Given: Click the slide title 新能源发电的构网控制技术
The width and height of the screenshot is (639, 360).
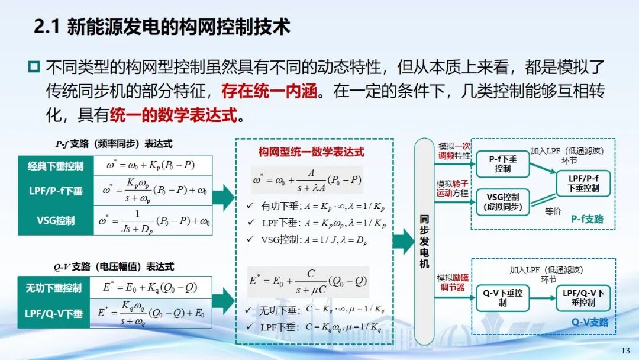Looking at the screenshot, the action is point(178,27).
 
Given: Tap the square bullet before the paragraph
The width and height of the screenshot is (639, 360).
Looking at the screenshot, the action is point(34,66).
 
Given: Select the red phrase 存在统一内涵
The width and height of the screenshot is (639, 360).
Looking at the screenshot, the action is point(269,91).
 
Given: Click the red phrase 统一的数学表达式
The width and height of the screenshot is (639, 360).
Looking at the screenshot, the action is point(173,115).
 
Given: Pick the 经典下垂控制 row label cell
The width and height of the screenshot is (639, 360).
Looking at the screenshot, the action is point(56,166).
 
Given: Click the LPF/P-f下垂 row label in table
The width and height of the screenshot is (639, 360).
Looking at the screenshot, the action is point(56,191).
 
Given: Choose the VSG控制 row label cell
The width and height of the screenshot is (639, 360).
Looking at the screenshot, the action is point(56,221).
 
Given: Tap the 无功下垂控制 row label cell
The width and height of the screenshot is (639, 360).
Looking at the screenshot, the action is point(54,288).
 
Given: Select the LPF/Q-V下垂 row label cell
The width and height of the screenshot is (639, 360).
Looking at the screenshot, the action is point(54,314).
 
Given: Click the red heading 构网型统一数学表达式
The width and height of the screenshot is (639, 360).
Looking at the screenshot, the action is point(311,152).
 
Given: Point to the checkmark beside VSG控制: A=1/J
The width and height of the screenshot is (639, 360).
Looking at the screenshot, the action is point(250,239).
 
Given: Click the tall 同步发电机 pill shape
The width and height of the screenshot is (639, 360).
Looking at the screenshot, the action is point(424,242).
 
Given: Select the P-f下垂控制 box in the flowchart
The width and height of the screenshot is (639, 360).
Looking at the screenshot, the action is point(503,164).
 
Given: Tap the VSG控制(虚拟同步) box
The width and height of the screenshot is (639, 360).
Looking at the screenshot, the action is point(503,202).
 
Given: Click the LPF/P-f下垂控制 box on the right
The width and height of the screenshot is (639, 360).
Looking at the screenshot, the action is point(583,184).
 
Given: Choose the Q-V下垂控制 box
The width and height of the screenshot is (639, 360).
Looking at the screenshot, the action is point(503,298).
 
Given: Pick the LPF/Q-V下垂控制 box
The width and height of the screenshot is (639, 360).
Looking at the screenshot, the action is point(583,298).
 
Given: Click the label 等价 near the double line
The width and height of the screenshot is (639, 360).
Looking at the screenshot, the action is point(553,211).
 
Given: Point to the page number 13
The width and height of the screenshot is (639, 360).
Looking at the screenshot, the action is point(625,351).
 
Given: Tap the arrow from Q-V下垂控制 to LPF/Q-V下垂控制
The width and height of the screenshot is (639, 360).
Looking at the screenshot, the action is point(543,298).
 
